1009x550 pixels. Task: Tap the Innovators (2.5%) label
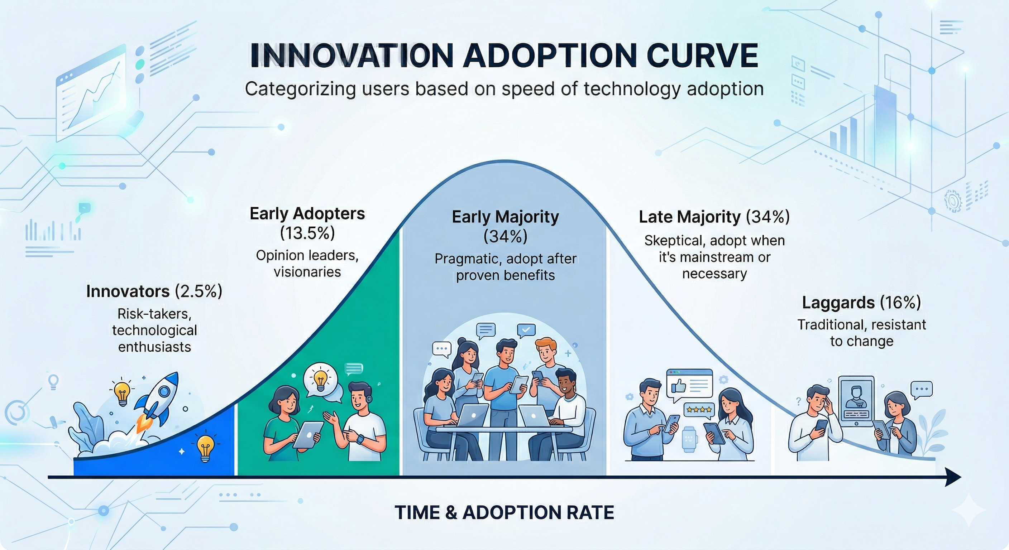[154, 291]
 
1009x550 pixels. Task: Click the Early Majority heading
[505, 217]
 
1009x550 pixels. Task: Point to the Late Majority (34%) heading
[714, 217]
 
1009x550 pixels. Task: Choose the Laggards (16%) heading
[861, 303]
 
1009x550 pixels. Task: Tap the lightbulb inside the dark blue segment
[205, 448]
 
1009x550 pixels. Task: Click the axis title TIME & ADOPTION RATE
[504, 512]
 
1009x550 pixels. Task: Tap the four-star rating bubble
[699, 410]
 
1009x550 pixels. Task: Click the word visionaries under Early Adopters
[307, 272]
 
